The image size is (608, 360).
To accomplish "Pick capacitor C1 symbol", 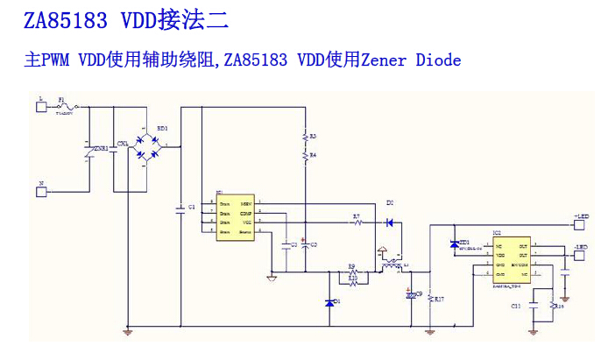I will [x=180, y=208].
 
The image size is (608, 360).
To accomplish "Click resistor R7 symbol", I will [x=357, y=223].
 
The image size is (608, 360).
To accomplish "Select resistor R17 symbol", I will [x=429, y=300].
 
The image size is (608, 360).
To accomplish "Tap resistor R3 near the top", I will [x=304, y=138].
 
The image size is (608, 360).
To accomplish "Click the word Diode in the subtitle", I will [x=438, y=60].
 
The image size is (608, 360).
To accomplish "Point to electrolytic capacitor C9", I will [x=408, y=295].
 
